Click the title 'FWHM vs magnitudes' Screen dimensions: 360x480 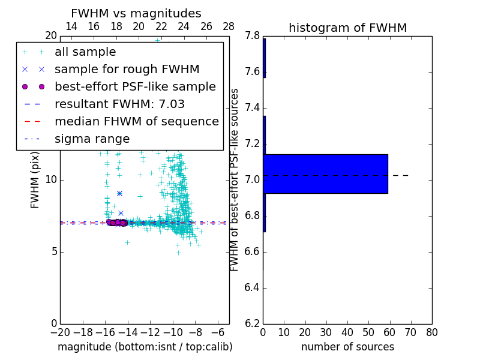point(136,13)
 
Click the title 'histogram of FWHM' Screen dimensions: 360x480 point(347,28)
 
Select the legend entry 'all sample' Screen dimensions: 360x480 point(85,52)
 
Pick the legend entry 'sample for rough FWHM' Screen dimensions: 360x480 point(127,70)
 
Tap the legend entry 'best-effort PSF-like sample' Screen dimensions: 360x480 point(135,87)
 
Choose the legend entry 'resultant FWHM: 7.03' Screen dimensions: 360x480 point(119,104)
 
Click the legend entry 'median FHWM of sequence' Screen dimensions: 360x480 point(136,122)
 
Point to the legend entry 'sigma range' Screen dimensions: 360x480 point(92,139)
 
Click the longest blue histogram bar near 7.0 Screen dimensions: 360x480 point(325,174)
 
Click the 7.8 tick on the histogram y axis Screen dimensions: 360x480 point(254,36)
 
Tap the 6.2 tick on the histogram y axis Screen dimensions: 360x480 point(254,324)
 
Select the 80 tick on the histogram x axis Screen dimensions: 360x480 point(431,332)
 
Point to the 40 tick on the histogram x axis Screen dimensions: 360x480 point(347,332)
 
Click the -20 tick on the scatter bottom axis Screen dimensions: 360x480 point(60,332)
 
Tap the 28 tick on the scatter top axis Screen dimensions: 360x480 point(229,26)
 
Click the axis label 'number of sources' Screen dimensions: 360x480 point(347,347)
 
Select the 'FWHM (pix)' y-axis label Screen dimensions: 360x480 point(35,179)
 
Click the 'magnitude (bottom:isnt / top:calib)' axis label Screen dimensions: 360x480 point(145,347)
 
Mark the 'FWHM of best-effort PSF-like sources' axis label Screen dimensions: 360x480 point(235,179)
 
